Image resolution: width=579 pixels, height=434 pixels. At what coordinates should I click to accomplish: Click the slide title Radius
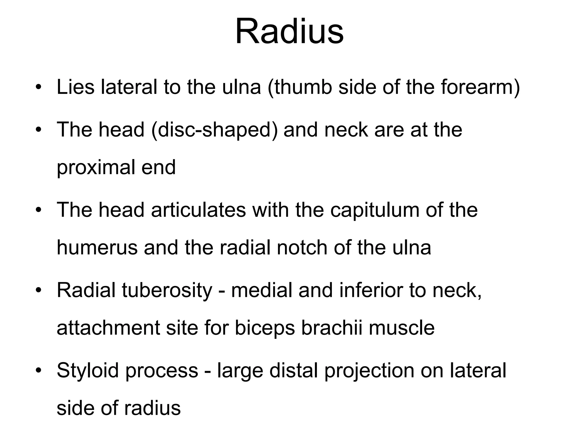click(x=289, y=31)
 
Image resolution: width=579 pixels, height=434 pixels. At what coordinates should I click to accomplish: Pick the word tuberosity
click(x=167, y=290)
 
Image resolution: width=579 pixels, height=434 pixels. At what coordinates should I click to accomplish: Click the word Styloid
click(x=88, y=371)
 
